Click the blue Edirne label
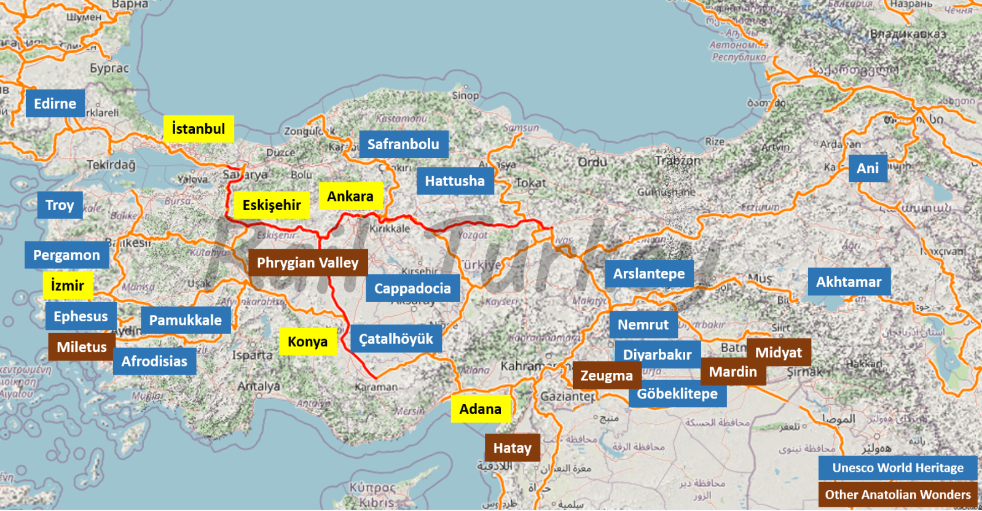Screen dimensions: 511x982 point(55,103)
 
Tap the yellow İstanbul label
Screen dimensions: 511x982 point(198,129)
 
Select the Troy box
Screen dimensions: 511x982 point(60,205)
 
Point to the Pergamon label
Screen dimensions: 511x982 point(66,255)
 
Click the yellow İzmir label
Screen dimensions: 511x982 point(68,286)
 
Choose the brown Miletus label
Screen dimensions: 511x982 point(82,347)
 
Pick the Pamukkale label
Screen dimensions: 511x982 point(186,320)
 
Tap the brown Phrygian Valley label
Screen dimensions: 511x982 point(307,263)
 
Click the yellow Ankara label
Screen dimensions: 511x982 point(350,197)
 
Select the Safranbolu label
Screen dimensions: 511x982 point(403,144)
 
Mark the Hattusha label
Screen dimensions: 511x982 point(455,181)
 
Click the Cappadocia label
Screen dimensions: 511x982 point(412,289)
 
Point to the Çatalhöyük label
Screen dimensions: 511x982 point(396,339)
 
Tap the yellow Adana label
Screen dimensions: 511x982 point(481,409)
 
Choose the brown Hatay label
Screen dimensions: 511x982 point(513,448)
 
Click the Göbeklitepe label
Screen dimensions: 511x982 point(677,394)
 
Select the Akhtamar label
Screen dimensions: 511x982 point(849,282)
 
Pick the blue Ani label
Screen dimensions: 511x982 point(868,168)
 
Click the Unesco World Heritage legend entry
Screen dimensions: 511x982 point(898,468)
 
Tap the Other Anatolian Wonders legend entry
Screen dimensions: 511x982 point(898,494)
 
